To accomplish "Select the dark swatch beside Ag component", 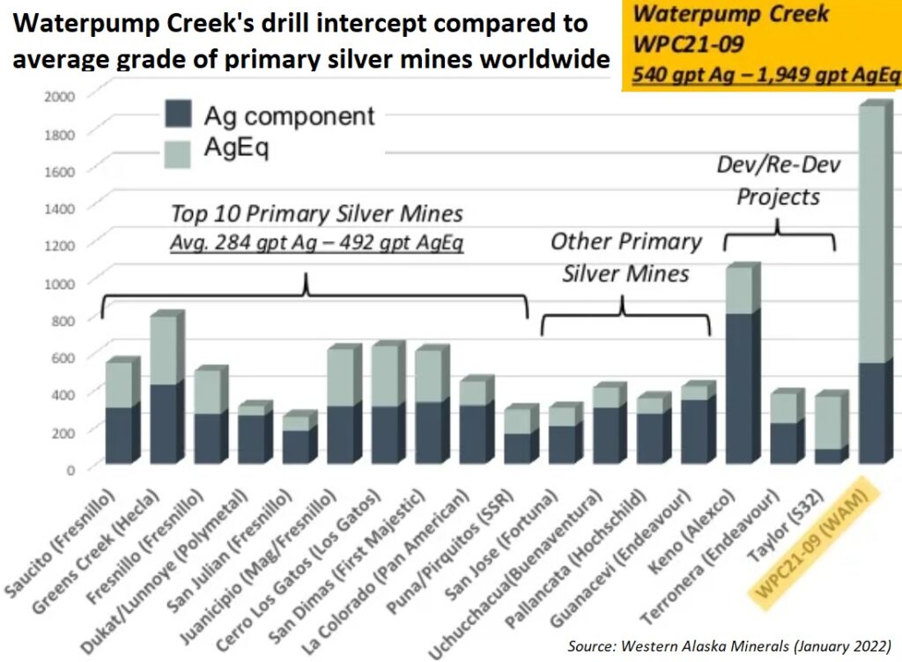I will [178, 114].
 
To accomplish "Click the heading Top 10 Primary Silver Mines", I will [317, 213].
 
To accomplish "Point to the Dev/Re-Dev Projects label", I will [778, 180].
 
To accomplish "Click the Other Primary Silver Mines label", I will [625, 257].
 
